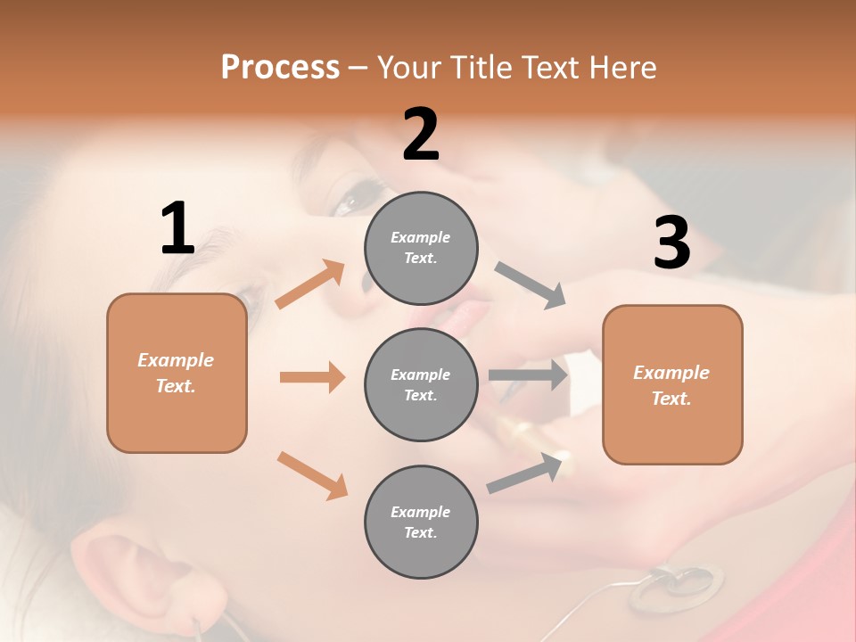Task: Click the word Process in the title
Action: click(x=280, y=68)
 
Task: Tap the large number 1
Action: click(x=177, y=229)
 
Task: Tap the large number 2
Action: click(x=421, y=135)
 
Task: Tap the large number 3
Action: click(x=671, y=243)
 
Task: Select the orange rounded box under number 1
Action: click(x=177, y=373)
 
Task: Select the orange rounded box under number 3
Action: click(x=671, y=384)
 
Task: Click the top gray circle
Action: click(x=421, y=248)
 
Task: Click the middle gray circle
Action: click(x=421, y=384)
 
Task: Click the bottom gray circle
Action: click(x=421, y=522)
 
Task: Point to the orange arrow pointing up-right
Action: click(x=310, y=284)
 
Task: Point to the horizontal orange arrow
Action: click(x=312, y=377)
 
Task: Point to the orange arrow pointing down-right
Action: click(x=312, y=475)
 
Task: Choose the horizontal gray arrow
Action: click(x=528, y=375)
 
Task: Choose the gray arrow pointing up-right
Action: click(x=529, y=473)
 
